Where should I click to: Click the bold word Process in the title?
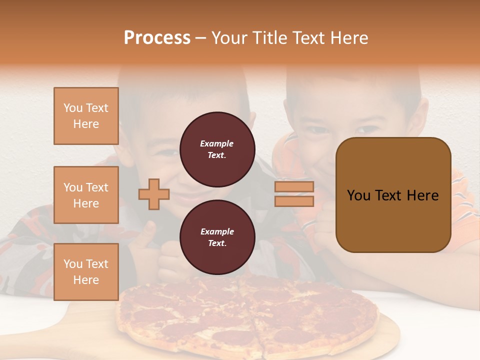click(x=157, y=37)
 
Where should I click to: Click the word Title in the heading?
click(x=270, y=37)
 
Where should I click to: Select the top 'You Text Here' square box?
click(x=86, y=116)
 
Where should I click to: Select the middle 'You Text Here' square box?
click(x=86, y=195)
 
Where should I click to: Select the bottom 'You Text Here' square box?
click(x=86, y=272)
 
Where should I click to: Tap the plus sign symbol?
click(x=154, y=194)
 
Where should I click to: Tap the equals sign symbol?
click(x=294, y=194)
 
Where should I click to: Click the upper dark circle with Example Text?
click(x=217, y=149)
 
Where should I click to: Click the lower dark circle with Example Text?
click(x=217, y=237)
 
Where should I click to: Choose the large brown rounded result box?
click(x=393, y=195)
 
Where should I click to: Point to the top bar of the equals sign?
click(x=294, y=187)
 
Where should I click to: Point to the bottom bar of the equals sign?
click(x=294, y=201)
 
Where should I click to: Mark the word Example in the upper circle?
click(x=217, y=144)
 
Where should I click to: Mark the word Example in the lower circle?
click(x=217, y=232)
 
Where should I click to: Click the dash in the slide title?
click(x=201, y=38)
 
